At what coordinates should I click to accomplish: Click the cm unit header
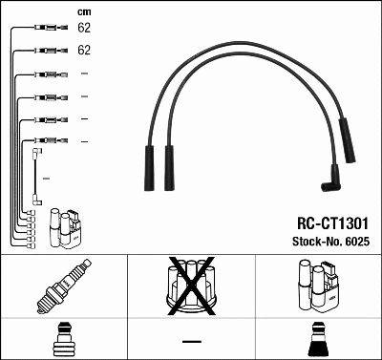[x=84, y=11]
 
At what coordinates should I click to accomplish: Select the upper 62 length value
[x=84, y=29]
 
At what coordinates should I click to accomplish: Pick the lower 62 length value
[x=84, y=49]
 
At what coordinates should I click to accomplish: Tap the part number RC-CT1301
[x=327, y=222]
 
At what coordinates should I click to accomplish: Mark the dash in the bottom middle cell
[x=191, y=340]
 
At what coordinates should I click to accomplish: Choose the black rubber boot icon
[x=318, y=340]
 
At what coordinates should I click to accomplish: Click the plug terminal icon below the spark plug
[x=63, y=340]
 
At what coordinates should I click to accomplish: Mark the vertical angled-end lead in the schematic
[x=36, y=177]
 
